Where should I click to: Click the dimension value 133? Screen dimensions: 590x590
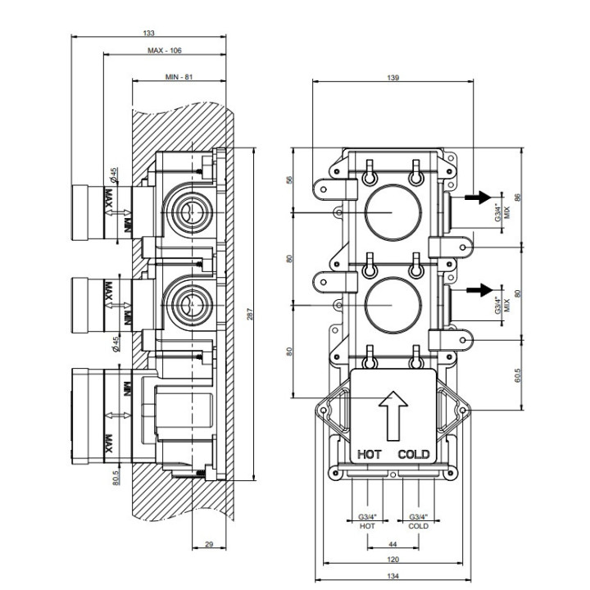point(148,33)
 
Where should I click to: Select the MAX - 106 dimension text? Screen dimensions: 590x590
point(165,51)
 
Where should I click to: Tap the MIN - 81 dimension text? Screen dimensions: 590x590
point(179,76)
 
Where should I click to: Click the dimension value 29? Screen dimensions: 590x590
point(208,544)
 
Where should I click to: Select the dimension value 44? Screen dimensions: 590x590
point(393,543)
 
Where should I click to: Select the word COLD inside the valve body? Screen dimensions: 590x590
point(414,454)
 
